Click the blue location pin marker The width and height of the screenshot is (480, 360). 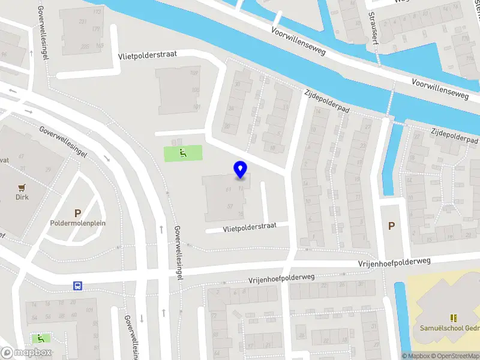click(x=241, y=170)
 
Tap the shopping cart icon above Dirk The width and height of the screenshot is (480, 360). click(x=23, y=187)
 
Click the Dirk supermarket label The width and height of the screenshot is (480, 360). click(x=23, y=197)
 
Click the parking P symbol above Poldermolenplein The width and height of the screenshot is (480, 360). click(x=77, y=212)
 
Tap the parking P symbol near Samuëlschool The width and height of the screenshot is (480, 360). click(x=392, y=226)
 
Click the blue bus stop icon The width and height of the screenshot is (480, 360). click(x=77, y=286)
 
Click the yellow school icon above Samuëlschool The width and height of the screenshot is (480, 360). click(x=454, y=317)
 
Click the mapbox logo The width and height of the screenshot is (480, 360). click(x=26, y=353)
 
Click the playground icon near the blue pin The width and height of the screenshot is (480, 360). click(x=183, y=154)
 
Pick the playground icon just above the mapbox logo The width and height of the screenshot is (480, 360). click(x=41, y=338)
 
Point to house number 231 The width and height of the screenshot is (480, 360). click(x=82, y=21)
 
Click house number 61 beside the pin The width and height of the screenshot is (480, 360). click(x=228, y=190)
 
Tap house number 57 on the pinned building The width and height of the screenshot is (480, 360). click(x=230, y=206)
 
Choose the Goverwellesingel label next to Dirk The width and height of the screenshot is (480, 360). click(x=64, y=141)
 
